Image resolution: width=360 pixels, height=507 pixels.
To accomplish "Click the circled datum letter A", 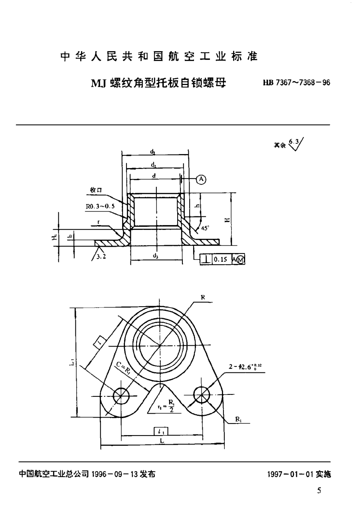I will [x=201, y=180].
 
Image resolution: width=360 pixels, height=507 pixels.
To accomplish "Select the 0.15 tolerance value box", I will [x=220, y=259].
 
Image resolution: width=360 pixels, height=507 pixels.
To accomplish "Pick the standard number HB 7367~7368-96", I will [x=296, y=83].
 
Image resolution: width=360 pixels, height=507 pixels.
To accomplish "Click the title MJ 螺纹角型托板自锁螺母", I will [x=158, y=83].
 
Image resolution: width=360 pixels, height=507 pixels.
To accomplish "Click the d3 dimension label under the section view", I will [x=155, y=256].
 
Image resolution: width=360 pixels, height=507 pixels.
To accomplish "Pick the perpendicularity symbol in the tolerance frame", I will [x=206, y=259].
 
